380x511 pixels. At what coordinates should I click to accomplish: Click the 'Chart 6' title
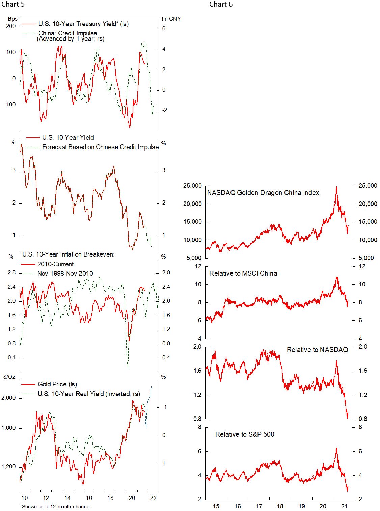(221, 4)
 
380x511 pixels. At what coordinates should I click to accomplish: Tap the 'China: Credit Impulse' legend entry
(67, 33)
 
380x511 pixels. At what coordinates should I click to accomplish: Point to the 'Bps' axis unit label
(12, 19)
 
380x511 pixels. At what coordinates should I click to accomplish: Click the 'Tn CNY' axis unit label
(171, 19)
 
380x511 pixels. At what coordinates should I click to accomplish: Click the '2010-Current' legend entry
(55, 264)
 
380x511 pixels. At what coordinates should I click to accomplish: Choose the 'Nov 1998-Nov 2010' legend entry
(65, 274)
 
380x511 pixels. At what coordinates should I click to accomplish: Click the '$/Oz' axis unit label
(9, 377)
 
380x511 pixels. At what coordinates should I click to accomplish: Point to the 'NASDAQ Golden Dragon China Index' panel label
(263, 193)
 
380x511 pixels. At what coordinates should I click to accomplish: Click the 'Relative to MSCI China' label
(243, 273)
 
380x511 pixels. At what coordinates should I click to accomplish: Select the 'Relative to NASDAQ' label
(317, 350)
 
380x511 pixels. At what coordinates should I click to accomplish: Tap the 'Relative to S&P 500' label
(245, 434)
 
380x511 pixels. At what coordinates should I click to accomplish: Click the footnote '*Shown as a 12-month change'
(55, 507)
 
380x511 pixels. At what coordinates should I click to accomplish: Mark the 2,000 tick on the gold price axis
(8, 398)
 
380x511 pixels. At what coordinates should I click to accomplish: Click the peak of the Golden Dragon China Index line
(336, 187)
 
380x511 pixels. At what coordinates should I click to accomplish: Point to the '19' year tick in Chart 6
(302, 506)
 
